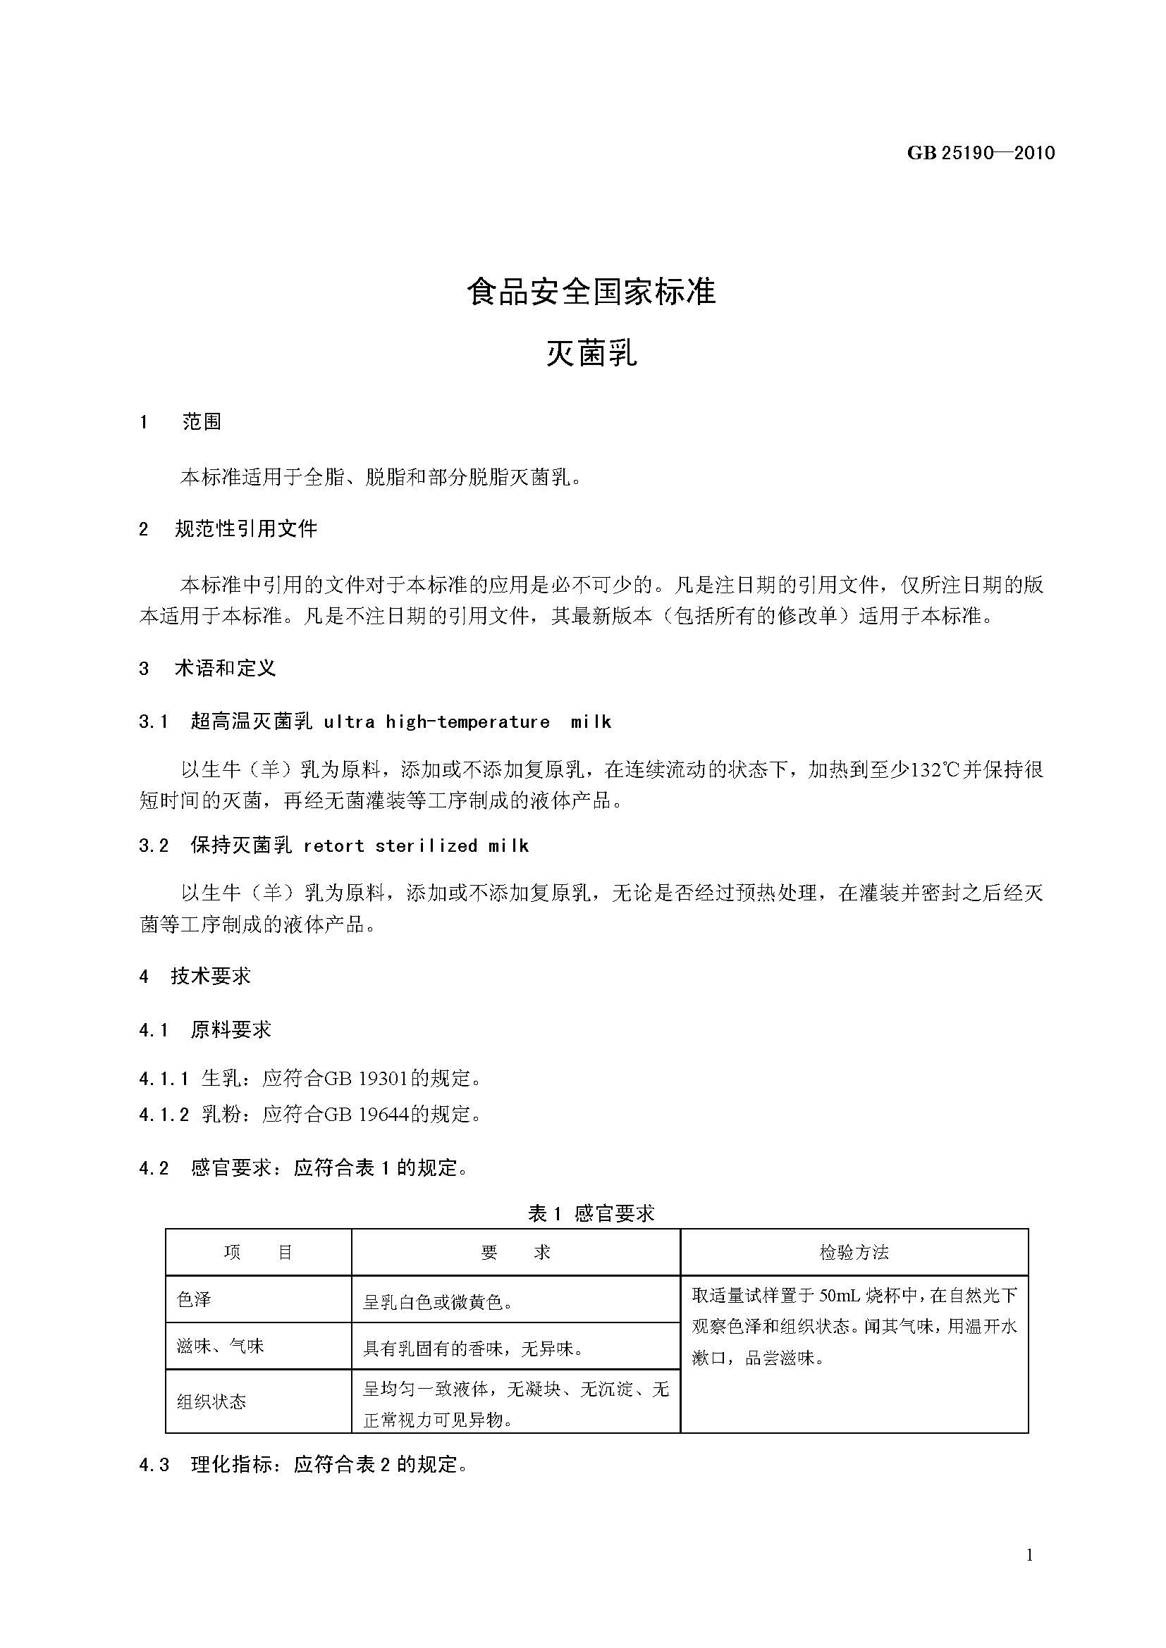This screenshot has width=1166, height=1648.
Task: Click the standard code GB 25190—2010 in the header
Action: click(x=981, y=153)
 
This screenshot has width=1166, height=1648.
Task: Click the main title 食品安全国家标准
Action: click(x=591, y=292)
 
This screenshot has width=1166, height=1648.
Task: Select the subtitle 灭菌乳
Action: click(x=591, y=353)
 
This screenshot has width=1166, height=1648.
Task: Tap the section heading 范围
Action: click(x=202, y=421)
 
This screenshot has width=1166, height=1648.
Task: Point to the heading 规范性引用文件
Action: click(x=245, y=529)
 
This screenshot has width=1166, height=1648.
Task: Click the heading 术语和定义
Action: click(x=225, y=668)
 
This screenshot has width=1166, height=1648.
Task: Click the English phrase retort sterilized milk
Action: click(x=417, y=845)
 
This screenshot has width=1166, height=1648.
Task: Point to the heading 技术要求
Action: click(x=210, y=976)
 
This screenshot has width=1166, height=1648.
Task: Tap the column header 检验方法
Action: click(x=854, y=1253)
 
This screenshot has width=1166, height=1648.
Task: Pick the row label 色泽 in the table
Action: click(x=194, y=1299)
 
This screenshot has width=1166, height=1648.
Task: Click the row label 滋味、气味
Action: click(x=221, y=1346)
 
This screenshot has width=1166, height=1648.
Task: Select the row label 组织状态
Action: click(x=211, y=1402)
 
